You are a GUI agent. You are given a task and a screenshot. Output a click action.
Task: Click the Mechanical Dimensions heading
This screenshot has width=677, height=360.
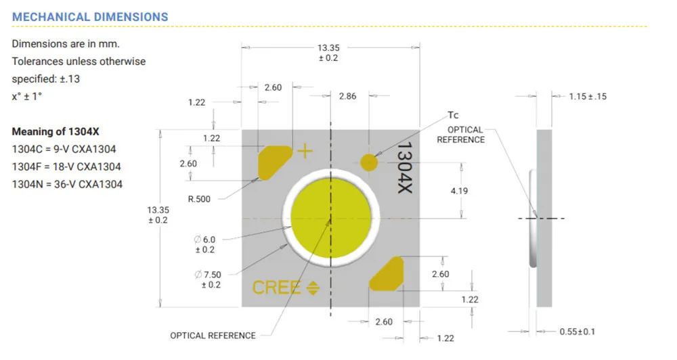coord(90,17)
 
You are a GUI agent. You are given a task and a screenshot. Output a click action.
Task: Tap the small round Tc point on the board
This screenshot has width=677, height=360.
coord(369,162)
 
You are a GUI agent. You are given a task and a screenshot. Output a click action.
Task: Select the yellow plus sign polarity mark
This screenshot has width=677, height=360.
coord(305,151)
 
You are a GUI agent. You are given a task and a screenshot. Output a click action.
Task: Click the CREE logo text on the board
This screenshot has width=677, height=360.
coord(276,288)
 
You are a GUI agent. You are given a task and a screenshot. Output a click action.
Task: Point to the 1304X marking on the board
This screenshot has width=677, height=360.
coord(405,168)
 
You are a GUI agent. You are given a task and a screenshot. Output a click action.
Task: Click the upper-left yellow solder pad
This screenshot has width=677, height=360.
coord(275,162)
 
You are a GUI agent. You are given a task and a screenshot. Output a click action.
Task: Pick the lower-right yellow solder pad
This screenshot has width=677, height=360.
coord(387,273)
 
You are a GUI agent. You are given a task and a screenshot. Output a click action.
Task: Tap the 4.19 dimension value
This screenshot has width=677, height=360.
coord(459,191)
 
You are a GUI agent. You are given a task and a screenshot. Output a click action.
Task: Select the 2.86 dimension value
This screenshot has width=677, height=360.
coord(347,96)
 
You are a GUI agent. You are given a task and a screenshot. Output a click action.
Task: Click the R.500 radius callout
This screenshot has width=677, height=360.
coord(199,199)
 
